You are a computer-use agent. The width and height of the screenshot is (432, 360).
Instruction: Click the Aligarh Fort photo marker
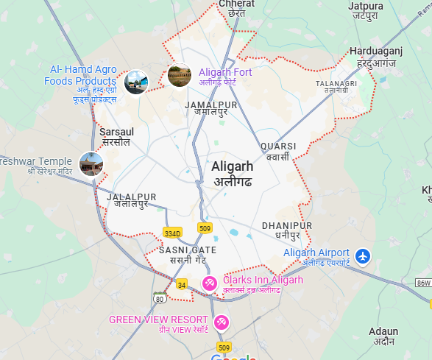(x=179, y=75)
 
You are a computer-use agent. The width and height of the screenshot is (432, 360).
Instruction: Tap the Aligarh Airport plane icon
(x=362, y=255)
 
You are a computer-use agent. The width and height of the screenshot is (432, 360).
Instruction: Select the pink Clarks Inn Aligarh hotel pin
(x=210, y=282)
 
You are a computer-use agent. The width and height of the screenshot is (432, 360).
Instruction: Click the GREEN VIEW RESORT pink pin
(x=221, y=322)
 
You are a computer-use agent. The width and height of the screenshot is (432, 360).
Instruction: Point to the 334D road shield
(x=172, y=233)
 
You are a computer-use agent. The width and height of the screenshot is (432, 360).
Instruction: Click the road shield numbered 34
(x=182, y=283)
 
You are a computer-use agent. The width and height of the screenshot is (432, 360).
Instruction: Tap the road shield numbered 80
(x=160, y=298)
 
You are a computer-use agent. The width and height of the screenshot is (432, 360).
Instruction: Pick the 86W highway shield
(x=422, y=282)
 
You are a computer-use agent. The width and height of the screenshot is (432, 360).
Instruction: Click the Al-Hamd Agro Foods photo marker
(x=135, y=82)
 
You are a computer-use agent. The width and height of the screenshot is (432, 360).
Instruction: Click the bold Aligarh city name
(x=232, y=166)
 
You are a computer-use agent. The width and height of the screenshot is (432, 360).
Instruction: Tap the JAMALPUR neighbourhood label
(x=211, y=105)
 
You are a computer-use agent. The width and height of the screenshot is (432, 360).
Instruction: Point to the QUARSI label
(x=278, y=146)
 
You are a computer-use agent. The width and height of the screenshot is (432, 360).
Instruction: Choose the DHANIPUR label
(x=286, y=225)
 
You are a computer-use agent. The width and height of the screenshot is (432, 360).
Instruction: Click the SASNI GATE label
(x=188, y=250)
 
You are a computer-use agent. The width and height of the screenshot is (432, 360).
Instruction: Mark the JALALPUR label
(x=132, y=197)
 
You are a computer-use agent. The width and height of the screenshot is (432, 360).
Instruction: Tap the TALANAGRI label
(x=336, y=83)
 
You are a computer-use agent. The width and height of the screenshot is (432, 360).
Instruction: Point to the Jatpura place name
(x=367, y=7)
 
